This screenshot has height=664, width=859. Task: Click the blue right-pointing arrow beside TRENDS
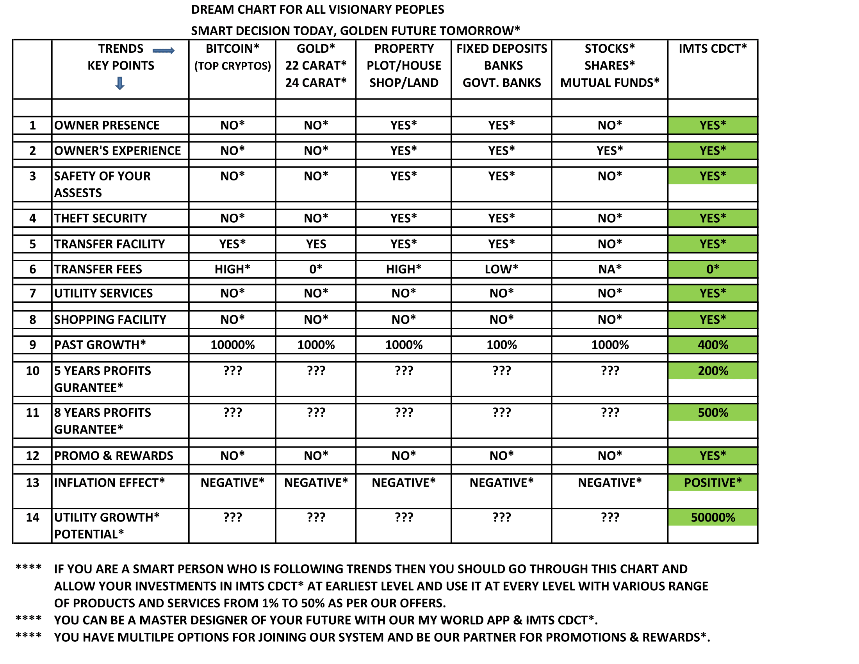pos(163,50)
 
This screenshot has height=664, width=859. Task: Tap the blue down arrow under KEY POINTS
pos(119,84)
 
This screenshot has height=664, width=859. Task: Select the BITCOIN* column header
pos(232,49)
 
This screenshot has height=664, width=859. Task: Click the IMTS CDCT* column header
pos(712,49)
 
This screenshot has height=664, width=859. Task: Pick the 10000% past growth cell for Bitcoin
pos(232,345)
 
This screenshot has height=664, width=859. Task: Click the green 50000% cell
pos(712,517)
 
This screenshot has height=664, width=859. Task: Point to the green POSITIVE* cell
pos(712,483)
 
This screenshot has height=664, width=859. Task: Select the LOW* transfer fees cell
pos(501,270)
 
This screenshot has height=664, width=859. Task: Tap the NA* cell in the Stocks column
pos(609,270)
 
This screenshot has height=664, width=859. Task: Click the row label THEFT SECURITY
pos(100,218)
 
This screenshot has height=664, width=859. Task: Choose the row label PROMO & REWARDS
pos(113,455)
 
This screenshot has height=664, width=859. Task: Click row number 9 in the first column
pos(33,345)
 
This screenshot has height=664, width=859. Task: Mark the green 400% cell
pos(712,345)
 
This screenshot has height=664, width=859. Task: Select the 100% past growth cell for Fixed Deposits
pos(501,345)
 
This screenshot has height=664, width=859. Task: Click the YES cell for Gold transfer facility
pos(316,244)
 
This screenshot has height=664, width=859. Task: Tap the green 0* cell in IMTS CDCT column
pos(712,270)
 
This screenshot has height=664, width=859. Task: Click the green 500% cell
pos(712,412)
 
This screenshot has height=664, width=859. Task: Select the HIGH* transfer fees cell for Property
pos(404,270)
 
